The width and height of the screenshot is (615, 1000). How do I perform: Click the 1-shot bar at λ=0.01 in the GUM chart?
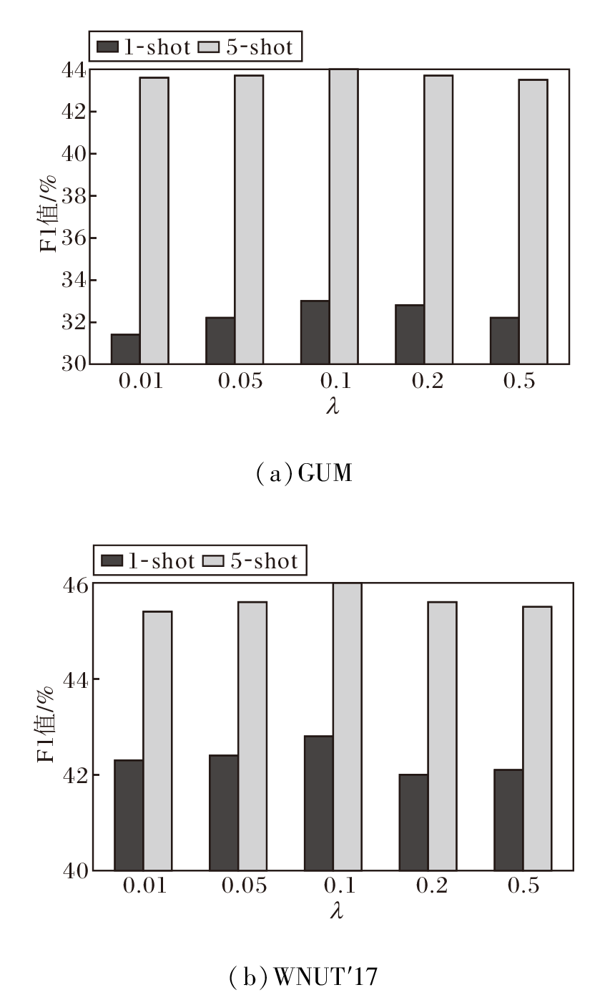click(x=126, y=349)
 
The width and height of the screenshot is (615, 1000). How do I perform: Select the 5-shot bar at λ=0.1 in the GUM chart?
click(x=343, y=216)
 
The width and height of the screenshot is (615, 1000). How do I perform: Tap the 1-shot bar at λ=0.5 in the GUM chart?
click(x=504, y=341)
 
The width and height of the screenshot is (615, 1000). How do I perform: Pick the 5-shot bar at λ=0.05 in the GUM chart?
click(x=249, y=219)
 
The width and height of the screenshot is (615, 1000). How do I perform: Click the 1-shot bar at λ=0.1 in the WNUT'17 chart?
click(x=318, y=803)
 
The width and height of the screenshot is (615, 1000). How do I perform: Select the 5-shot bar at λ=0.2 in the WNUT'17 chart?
click(x=442, y=736)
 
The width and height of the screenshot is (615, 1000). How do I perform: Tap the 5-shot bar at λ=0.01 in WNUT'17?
click(x=157, y=741)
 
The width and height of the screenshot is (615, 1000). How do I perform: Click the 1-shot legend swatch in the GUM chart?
click(x=108, y=48)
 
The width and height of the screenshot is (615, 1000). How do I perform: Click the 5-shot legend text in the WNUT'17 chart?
click(x=264, y=561)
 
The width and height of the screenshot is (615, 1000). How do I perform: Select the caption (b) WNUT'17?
click(x=303, y=977)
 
